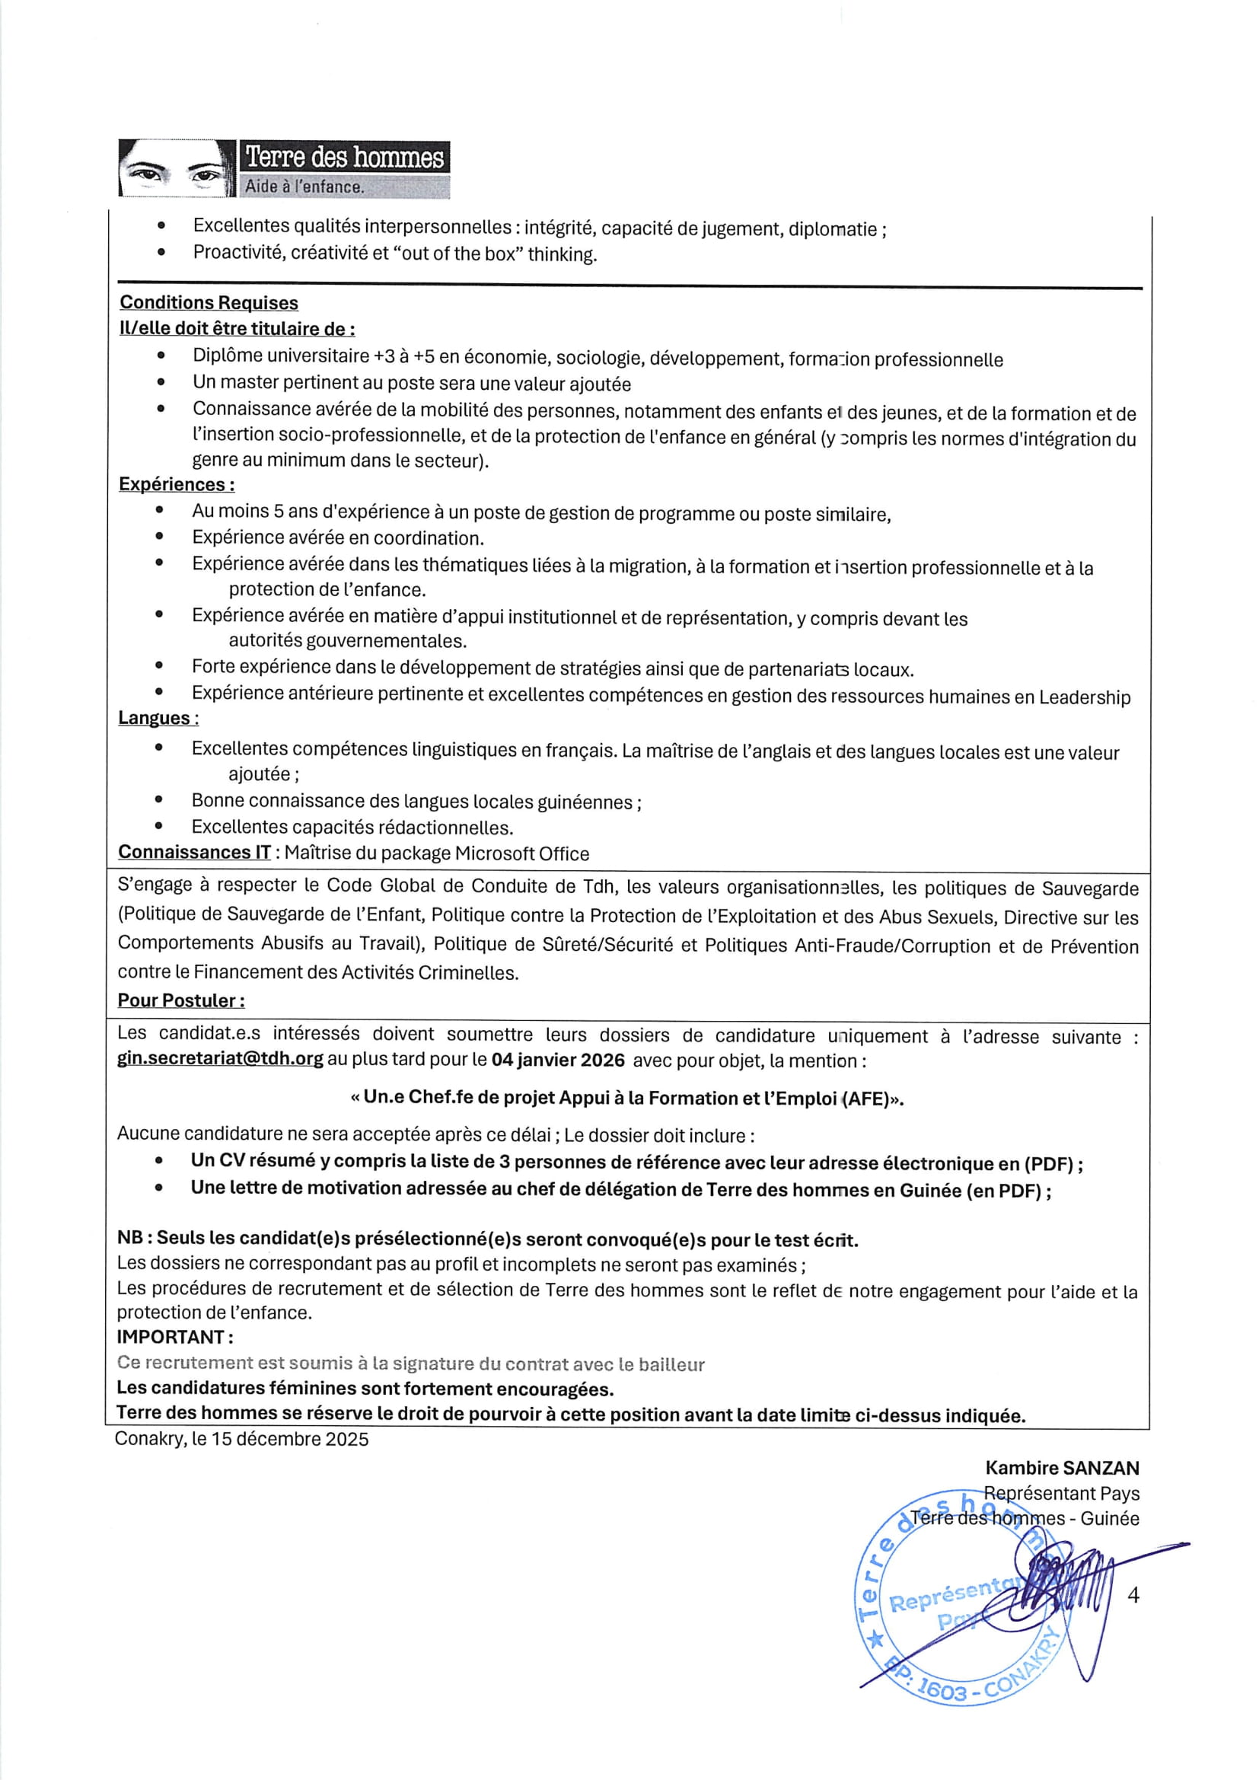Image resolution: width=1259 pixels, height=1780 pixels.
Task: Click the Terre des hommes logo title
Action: (344, 158)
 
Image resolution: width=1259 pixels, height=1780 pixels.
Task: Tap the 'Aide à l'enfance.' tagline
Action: (304, 187)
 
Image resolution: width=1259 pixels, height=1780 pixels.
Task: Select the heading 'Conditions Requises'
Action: (209, 302)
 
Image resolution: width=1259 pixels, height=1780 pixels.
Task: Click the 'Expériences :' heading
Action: (176, 484)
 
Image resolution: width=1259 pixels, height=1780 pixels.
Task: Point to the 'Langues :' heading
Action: (158, 718)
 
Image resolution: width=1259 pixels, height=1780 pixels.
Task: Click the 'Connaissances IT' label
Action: (194, 852)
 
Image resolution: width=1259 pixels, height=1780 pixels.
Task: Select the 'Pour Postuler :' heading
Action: (180, 1000)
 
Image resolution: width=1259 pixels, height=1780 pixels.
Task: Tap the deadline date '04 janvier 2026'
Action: (557, 1060)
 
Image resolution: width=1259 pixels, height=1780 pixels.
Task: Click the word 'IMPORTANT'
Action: (171, 1338)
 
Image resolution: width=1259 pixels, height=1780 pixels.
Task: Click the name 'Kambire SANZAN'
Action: (1061, 1468)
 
